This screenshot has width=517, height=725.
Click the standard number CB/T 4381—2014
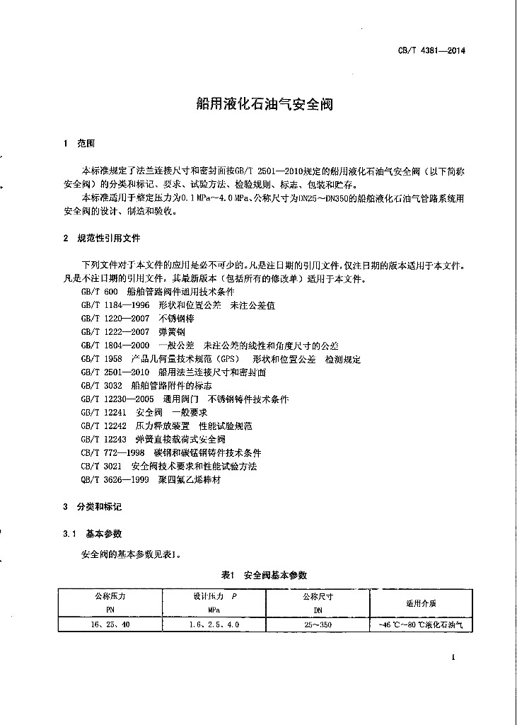click(x=434, y=51)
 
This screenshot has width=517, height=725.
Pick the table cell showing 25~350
click(x=317, y=625)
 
